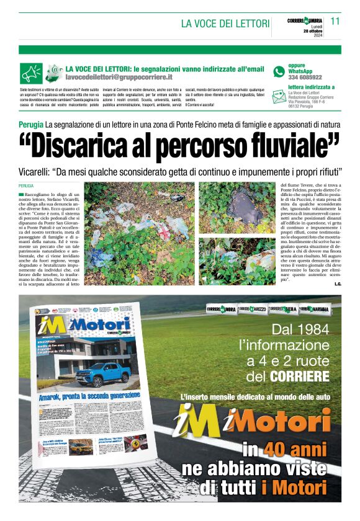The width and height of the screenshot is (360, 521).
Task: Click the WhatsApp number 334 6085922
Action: click(305, 78)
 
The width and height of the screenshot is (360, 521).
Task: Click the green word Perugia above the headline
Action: click(31, 126)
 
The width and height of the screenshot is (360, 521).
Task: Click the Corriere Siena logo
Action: click(283, 308)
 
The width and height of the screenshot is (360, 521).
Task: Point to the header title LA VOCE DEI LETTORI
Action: click(225, 24)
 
